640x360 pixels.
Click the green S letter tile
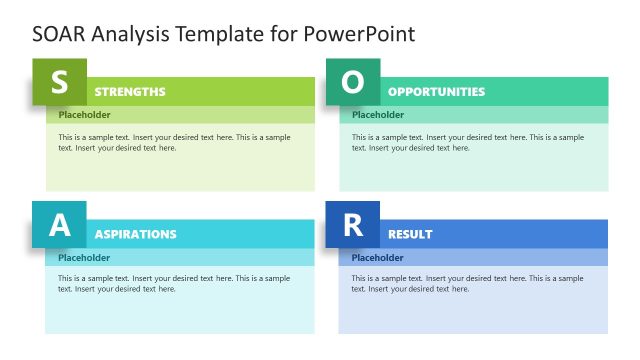(59, 82)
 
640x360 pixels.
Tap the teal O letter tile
(353, 82)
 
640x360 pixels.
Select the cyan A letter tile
(59, 224)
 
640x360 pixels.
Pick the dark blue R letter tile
(352, 224)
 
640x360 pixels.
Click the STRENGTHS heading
(130, 92)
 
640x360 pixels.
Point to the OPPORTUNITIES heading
(436, 92)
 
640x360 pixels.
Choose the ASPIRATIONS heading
(135, 234)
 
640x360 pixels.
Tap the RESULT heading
(410, 234)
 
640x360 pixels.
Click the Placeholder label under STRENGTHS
(84, 115)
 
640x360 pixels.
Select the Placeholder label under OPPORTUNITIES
(378, 115)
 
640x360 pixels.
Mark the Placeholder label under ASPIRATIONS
(84, 257)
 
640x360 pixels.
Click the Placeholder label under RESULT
(377, 257)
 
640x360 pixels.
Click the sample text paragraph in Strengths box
(174, 142)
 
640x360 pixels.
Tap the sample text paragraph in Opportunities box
(467, 142)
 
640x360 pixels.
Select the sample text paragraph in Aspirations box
(174, 283)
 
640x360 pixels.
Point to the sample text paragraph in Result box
(467, 283)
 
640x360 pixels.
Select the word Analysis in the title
(130, 34)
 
